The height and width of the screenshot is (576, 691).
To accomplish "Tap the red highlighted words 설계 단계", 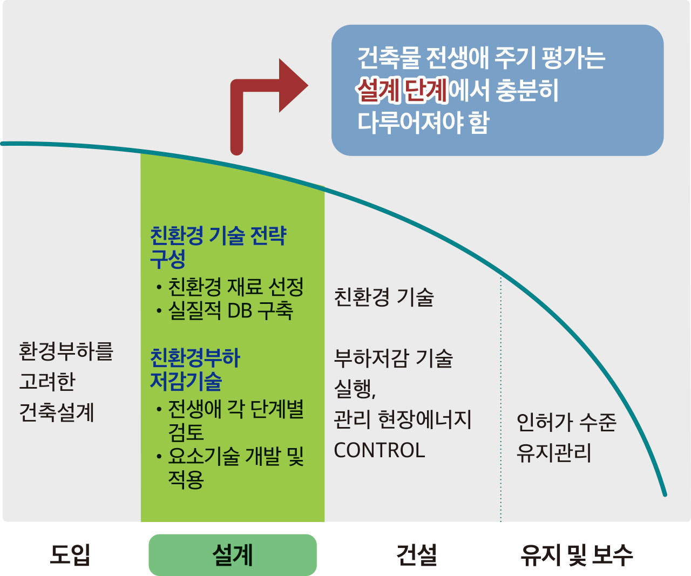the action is tap(402, 90).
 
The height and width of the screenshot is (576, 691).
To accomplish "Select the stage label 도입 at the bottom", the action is tap(70, 554).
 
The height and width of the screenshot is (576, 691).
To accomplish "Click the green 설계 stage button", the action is tap(233, 555).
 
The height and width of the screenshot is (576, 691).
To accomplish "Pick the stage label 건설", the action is tap(417, 554).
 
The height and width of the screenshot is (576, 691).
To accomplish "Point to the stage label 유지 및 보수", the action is tap(577, 554).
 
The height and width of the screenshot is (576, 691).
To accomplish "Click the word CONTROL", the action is tap(380, 450).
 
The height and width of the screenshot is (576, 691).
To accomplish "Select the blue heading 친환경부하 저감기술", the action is tap(195, 369).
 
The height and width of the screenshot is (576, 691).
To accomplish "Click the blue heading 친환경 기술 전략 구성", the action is tap(219, 247).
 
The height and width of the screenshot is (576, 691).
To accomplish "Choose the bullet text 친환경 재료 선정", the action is tap(235, 287).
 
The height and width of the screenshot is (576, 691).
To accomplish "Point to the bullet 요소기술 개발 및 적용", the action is tap(235, 467).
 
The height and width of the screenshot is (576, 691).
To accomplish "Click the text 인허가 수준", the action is tap(566, 423).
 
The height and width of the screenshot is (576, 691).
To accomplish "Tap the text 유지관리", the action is tap(554, 453).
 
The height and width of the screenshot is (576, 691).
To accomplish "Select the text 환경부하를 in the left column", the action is tap(66, 351).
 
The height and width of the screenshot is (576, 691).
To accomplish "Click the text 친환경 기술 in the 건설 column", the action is tap(384, 297).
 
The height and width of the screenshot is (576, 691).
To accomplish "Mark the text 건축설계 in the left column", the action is tap(57, 412).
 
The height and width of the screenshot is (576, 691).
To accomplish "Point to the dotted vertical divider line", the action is tap(501, 399).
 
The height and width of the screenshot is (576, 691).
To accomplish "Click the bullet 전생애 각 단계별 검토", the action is tap(235, 421).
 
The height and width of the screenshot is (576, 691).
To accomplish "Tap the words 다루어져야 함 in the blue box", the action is tap(423, 123).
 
